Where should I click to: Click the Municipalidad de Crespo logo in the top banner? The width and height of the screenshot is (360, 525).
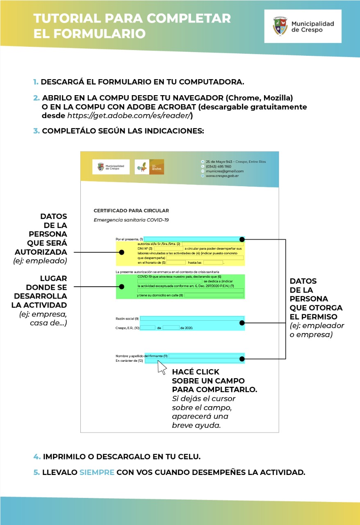tap(303, 27)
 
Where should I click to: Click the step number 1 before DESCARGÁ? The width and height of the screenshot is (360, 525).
tap(36, 82)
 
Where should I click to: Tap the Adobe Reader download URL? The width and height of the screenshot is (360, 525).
tap(130, 116)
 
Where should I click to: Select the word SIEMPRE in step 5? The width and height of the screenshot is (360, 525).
tap(97, 472)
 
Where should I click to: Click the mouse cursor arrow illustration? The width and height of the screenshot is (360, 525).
tap(162, 367)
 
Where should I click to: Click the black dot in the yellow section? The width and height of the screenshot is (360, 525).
tap(121, 252)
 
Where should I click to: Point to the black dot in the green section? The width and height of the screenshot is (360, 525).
tap(121, 286)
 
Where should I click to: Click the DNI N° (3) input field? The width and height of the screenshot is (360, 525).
tap(168, 249)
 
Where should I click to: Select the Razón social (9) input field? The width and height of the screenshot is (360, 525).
tap(191, 318)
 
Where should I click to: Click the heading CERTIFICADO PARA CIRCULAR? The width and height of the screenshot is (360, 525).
tap(131, 211)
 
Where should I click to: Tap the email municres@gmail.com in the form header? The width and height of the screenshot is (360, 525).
tap(225, 171)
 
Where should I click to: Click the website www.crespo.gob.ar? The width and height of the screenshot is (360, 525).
tap(222, 176)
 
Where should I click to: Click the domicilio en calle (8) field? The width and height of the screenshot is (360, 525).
tap(214, 295)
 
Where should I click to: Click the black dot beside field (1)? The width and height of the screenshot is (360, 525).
tap(242, 239)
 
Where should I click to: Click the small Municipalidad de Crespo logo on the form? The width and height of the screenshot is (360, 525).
tap(111, 167)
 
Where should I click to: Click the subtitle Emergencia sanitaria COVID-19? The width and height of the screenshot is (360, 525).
tap(131, 220)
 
